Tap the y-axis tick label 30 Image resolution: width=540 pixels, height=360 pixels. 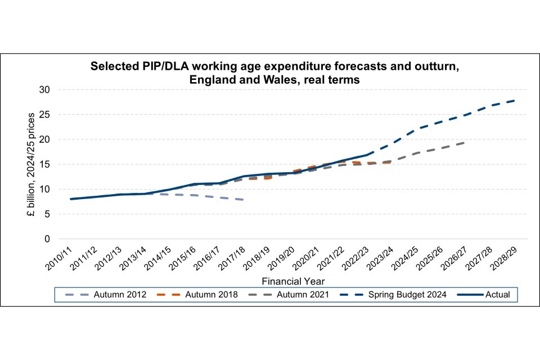point(44,90)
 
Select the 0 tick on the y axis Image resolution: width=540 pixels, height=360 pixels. point(47,239)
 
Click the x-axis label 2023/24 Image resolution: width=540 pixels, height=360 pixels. point(379,258)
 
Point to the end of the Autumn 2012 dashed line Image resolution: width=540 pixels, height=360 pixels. point(242,200)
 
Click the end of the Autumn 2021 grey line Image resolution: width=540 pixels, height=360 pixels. point(465,142)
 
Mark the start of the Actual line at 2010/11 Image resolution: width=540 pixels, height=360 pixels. point(71,199)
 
